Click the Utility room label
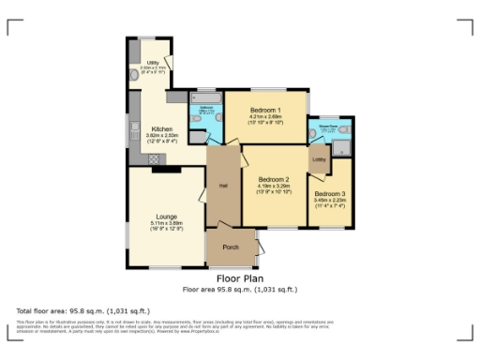click(x=152, y=63)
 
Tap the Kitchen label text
click(x=161, y=128)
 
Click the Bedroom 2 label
click(x=273, y=179)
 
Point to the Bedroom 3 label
click(x=330, y=193)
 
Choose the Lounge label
click(x=166, y=216)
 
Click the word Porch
click(x=230, y=247)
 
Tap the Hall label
click(x=224, y=185)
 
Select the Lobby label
click(x=319, y=159)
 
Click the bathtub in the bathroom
click(x=207, y=97)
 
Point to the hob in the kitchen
click(x=175, y=97)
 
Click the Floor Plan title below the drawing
click(x=239, y=278)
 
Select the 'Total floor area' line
click(x=82, y=310)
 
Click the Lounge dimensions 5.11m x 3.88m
click(x=166, y=222)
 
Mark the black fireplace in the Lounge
click(x=166, y=170)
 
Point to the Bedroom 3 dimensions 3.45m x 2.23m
click(x=330, y=200)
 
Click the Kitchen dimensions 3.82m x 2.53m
click(x=161, y=135)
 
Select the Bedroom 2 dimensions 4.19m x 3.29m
click(x=273, y=186)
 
